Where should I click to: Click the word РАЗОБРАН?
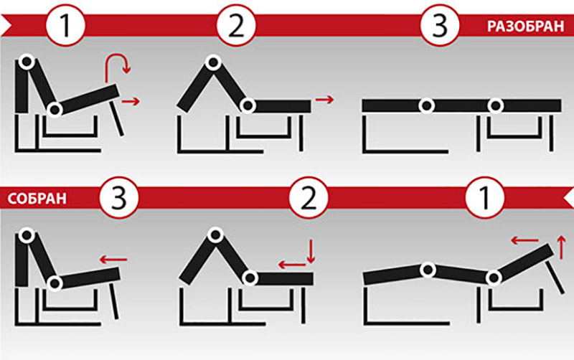click(x=525, y=27)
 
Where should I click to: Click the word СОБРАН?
click(x=37, y=199)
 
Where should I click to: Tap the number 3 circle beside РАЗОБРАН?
click(x=440, y=26)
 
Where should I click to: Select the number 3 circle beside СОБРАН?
click(x=118, y=198)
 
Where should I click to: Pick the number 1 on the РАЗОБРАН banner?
click(x=65, y=26)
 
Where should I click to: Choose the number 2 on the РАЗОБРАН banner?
click(x=236, y=26)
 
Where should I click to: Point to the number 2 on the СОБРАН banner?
click(x=309, y=198)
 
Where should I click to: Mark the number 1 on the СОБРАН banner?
click(x=484, y=198)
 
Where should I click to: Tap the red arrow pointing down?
click(x=311, y=252)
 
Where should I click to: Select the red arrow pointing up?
click(x=561, y=247)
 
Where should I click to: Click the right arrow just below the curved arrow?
click(x=131, y=101)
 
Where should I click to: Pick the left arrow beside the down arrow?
click(x=292, y=265)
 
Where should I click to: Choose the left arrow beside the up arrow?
click(x=524, y=240)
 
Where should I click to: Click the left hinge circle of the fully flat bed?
click(x=426, y=105)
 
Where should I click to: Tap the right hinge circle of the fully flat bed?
click(x=496, y=105)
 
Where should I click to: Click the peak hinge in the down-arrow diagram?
click(x=215, y=235)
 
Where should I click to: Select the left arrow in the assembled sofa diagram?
click(x=113, y=260)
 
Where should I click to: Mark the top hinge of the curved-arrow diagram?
click(x=27, y=62)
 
